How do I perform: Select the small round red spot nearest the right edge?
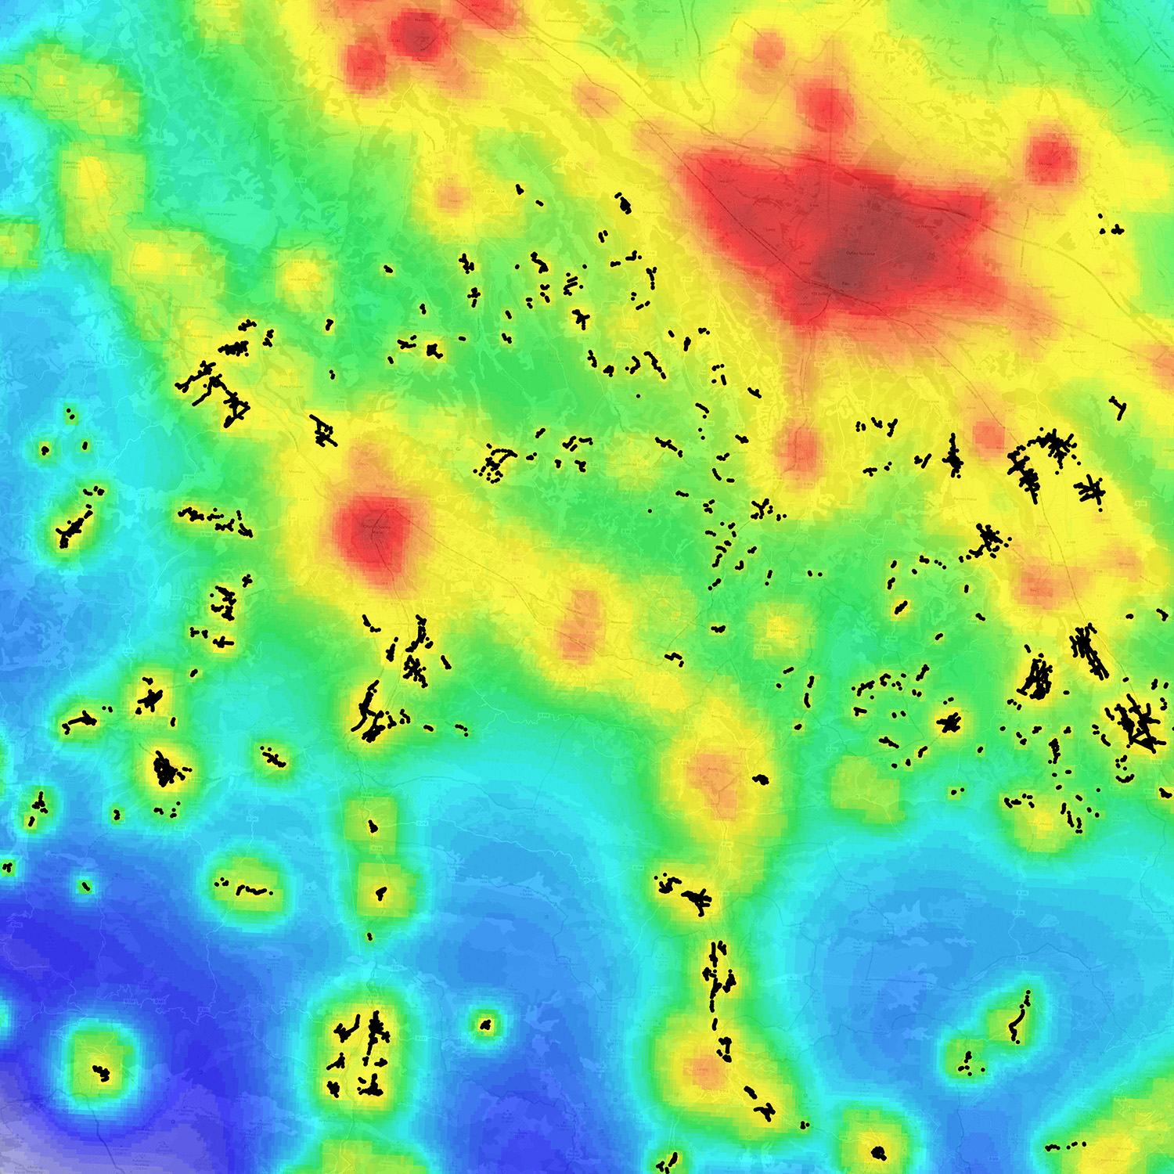tap(1051, 157)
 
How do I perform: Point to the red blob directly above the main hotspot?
tap(826, 106)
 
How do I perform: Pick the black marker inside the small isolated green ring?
tap(486, 1024)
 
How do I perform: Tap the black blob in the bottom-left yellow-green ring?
tap(101, 1072)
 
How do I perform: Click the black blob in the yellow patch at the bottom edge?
tap(878, 1152)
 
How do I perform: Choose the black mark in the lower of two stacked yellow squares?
tap(381, 892)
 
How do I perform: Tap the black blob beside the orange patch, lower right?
tap(761, 779)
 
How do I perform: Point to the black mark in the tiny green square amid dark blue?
tap(85, 887)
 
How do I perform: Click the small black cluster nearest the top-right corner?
tap(1111, 229)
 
